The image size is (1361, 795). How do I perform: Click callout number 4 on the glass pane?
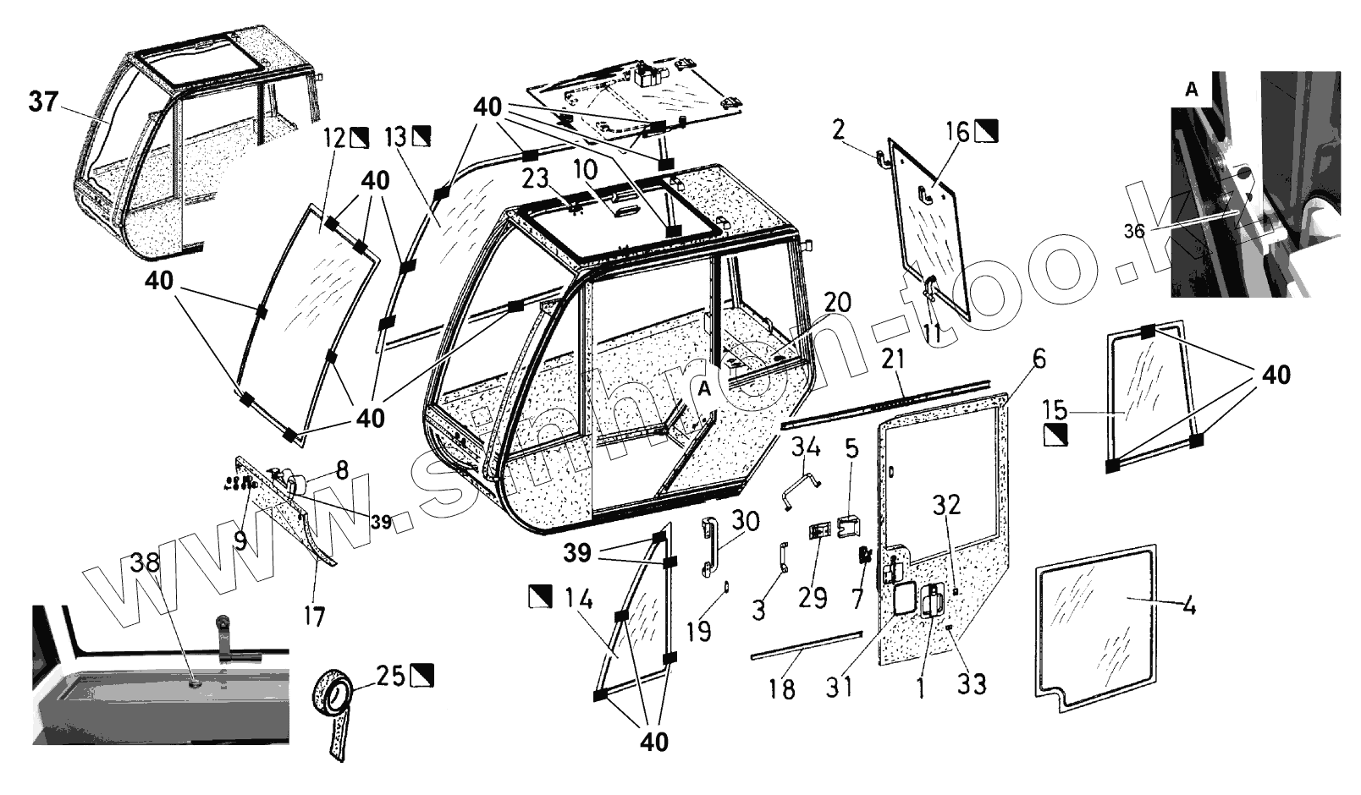pos(1188,606)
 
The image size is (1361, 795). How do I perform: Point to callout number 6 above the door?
pos(1039,359)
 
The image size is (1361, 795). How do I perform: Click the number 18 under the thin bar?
pos(783,689)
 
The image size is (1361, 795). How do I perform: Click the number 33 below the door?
pos(972,683)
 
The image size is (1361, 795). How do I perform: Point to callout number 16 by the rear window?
pos(957,131)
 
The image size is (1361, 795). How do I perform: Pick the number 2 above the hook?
pos(838,130)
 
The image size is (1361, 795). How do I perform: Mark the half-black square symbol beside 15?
pos(1055,435)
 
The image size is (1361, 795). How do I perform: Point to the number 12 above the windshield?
pos(334,136)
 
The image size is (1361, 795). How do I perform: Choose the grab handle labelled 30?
pos(707,549)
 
